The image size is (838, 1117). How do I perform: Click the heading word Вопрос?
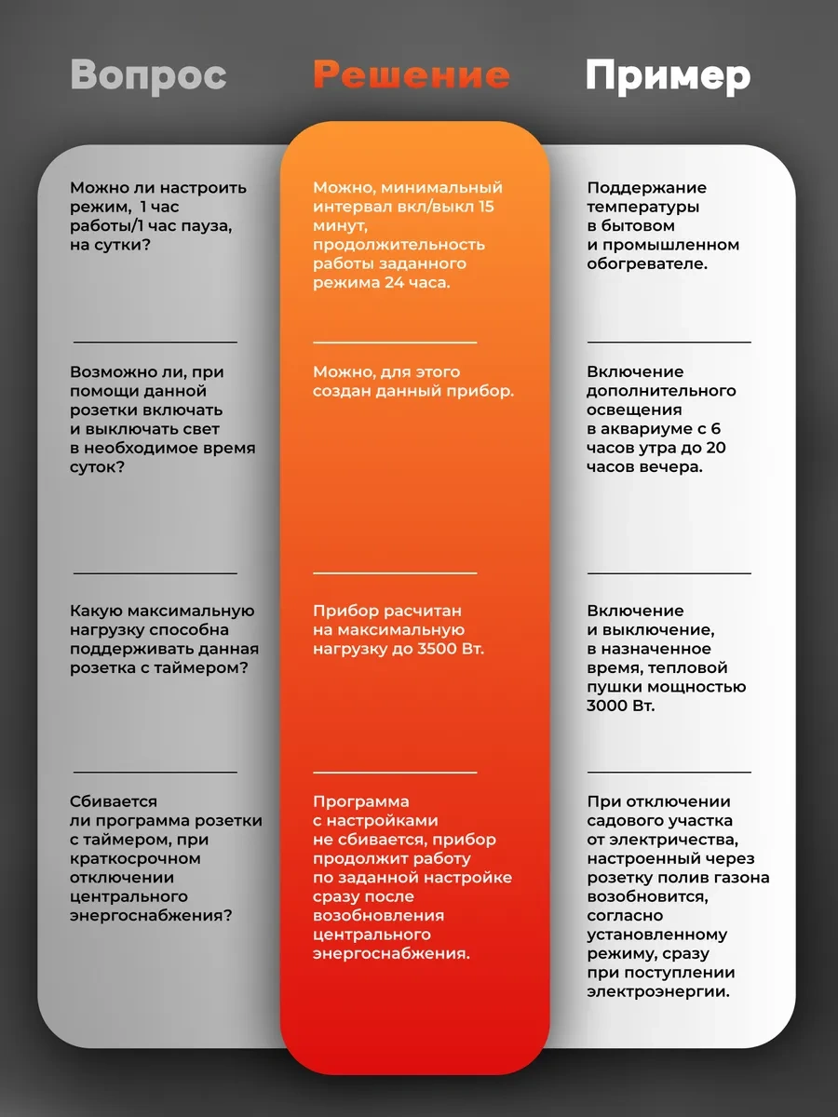(x=148, y=75)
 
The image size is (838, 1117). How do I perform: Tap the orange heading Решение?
(x=412, y=75)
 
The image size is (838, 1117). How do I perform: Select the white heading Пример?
(x=667, y=76)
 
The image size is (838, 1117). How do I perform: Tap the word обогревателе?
(x=646, y=263)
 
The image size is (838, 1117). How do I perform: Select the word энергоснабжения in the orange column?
(x=391, y=953)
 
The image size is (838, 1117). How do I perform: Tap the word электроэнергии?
(x=658, y=991)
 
